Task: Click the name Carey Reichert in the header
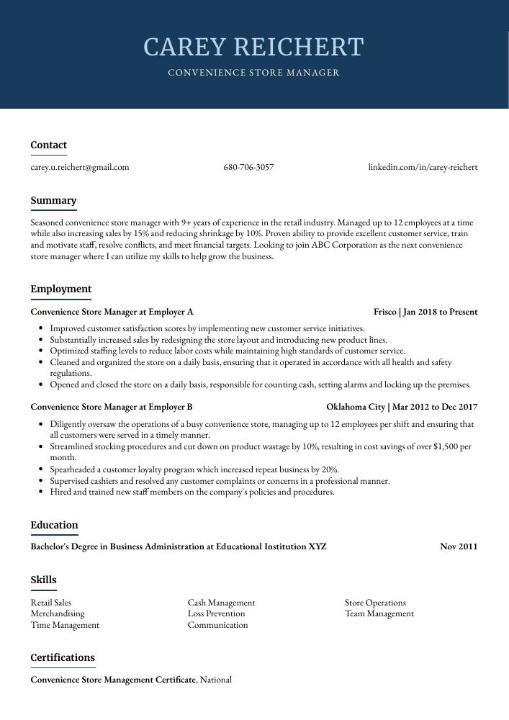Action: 254,48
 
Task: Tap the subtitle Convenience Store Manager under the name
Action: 254,73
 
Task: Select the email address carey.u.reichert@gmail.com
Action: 80,167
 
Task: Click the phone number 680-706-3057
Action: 248,167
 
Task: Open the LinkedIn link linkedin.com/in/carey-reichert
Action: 423,167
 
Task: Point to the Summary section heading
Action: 53,201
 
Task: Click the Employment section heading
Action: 61,289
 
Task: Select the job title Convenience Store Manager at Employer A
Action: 112,312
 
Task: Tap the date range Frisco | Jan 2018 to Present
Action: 425,312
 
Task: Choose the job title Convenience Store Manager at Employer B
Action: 112,407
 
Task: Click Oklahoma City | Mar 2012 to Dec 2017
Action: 402,407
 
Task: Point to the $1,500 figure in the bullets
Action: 447,446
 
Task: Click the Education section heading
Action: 54,526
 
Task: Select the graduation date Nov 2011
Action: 459,546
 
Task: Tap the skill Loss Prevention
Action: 216,614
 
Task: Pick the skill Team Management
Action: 379,614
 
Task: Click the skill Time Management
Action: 65,626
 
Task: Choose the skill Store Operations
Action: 375,603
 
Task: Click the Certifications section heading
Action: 63,658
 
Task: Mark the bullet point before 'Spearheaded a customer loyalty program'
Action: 42,469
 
